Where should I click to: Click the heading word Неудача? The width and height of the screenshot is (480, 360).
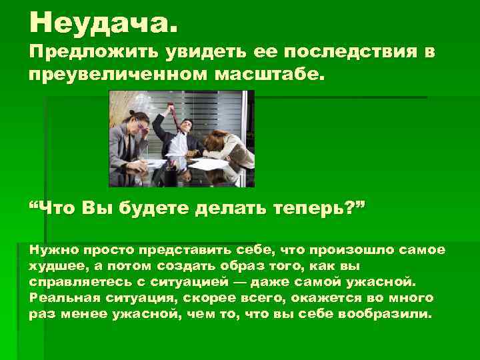pos(103,25)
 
